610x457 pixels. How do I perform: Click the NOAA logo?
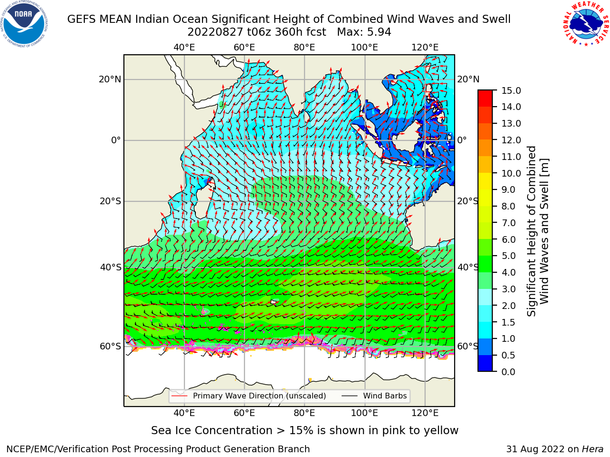coord(24,24)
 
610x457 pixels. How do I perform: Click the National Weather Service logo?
coord(586,24)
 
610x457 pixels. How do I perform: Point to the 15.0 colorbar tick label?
coord(511,90)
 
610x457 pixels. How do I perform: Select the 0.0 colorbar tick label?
coord(508,372)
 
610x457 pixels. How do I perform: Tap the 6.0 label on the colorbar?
coord(508,239)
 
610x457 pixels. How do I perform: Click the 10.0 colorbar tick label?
coord(511,173)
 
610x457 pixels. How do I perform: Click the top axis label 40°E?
coord(184,48)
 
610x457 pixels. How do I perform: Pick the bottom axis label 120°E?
coord(425,413)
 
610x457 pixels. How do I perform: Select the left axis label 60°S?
coord(111,346)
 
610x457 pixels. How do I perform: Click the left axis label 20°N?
coord(110,79)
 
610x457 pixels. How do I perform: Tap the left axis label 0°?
coord(116,140)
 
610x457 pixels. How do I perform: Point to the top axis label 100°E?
coord(365,48)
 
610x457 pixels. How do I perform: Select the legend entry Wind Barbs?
coord(385,396)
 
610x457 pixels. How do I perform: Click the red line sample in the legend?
coord(179,396)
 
